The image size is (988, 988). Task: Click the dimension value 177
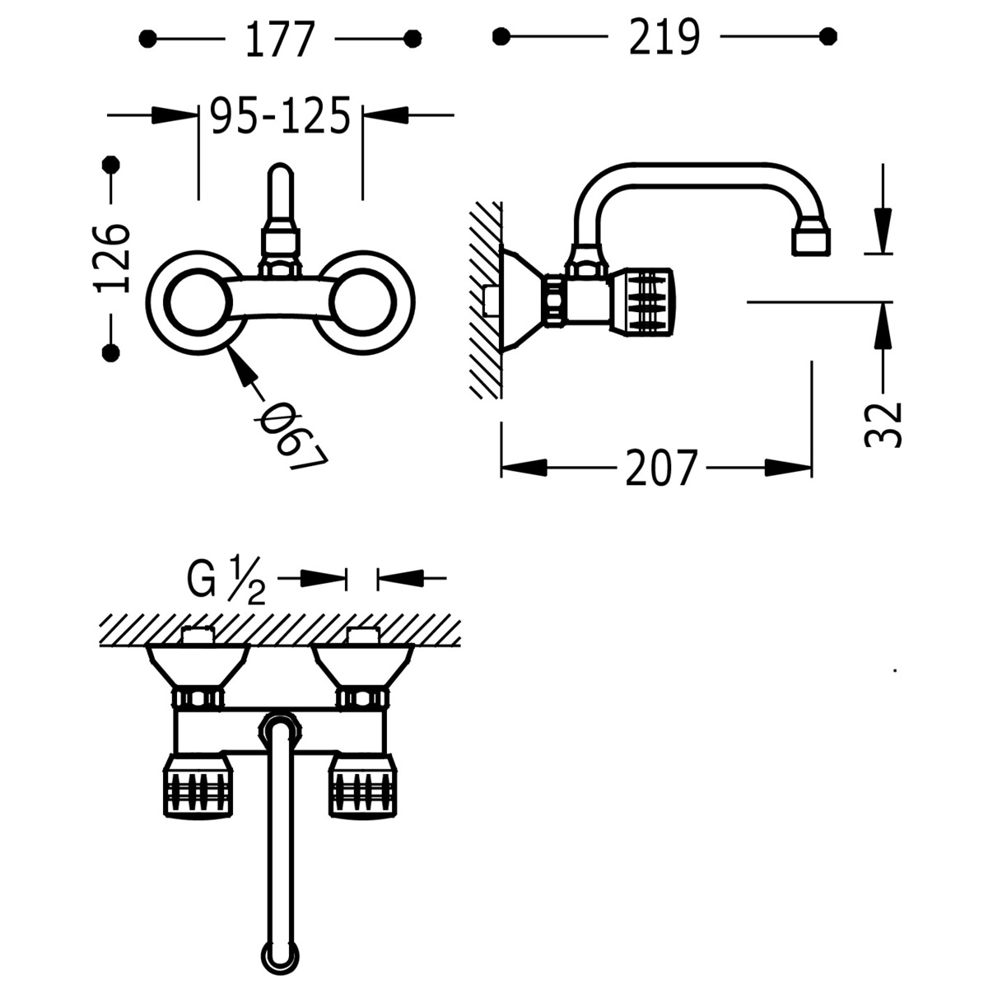(281, 38)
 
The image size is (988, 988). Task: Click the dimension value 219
(664, 38)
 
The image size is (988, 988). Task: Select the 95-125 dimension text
(280, 116)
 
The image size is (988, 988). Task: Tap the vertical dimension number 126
(111, 257)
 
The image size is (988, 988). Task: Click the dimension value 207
(661, 468)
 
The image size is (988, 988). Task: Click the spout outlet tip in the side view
(812, 241)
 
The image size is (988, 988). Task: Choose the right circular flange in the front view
(365, 302)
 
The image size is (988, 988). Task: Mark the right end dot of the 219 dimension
(830, 36)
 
